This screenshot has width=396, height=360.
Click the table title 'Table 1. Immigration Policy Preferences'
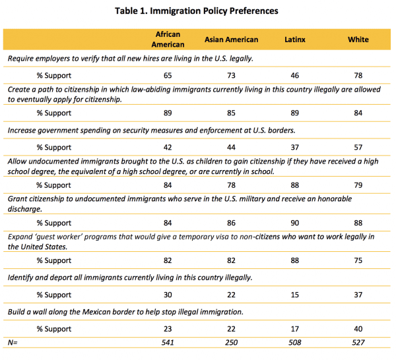(197, 11)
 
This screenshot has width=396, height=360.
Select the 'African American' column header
(168, 40)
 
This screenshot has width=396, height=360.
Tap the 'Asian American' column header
(232, 40)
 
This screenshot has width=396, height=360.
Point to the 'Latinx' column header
(295, 40)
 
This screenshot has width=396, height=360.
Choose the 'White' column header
(358, 40)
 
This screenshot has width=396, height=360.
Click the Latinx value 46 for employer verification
(295, 75)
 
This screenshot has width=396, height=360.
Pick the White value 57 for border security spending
(358, 147)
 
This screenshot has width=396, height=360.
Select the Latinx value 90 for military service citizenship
(295, 223)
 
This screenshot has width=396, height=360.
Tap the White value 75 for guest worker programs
(358, 260)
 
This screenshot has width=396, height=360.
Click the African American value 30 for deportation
(168, 295)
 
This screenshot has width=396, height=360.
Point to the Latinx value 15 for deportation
(295, 295)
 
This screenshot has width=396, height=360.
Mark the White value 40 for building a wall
(358, 329)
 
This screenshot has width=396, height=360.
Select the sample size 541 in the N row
(168, 343)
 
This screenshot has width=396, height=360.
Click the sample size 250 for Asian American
(232, 343)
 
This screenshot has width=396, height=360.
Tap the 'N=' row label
(13, 343)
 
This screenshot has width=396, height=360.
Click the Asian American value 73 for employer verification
(232, 75)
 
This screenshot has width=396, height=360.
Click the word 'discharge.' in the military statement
(25, 209)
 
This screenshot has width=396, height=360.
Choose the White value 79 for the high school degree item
(358, 185)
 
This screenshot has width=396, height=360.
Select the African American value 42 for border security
(168, 147)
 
